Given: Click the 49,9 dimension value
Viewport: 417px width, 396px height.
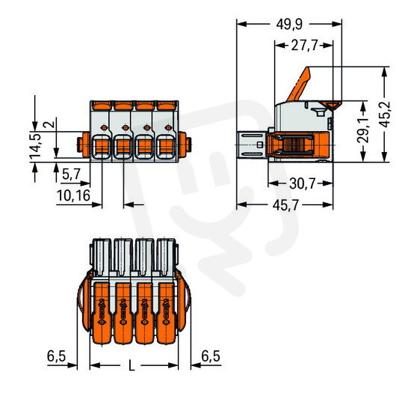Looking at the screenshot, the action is pyautogui.click(x=289, y=25).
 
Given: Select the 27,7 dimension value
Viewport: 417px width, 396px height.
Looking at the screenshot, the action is pyautogui.click(x=304, y=46).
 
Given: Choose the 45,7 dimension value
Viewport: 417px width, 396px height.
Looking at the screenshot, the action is pyautogui.click(x=285, y=205).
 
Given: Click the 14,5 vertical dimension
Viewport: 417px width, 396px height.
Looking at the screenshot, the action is pyautogui.click(x=35, y=146).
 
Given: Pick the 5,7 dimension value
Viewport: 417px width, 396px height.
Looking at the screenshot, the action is pyautogui.click(x=71, y=174).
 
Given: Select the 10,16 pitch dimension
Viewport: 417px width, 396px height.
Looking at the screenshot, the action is pyautogui.click(x=74, y=195).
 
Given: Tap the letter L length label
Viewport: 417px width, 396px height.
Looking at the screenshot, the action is pyautogui.click(x=132, y=365).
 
